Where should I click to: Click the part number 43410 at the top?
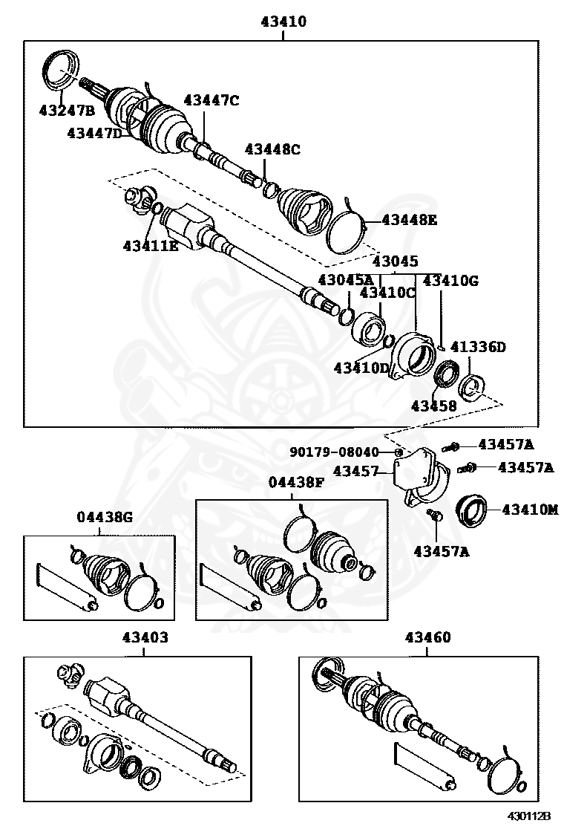[x=283, y=22]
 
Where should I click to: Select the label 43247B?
[x=67, y=111]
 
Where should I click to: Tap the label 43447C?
[x=211, y=100]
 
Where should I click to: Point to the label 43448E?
[x=410, y=220]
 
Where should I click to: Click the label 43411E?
[x=151, y=244]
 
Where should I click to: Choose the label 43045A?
[x=346, y=279]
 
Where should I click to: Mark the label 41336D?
[x=478, y=347]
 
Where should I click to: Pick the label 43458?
[x=434, y=406]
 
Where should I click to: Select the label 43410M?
[x=530, y=510]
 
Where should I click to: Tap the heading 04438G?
[x=105, y=518]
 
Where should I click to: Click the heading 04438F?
[x=297, y=482]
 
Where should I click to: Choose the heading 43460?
[x=428, y=637]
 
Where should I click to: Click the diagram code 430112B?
[x=529, y=816]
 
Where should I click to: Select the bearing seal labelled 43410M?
[x=470, y=511]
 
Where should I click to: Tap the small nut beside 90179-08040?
[x=399, y=452]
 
